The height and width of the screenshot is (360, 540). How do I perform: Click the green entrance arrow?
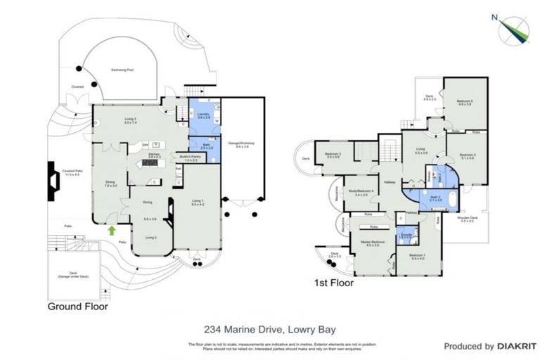(x=111, y=229)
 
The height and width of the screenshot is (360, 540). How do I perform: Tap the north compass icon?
(x=513, y=29)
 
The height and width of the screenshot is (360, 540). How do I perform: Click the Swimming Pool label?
(x=124, y=70)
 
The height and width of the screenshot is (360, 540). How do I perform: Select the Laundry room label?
(x=204, y=115)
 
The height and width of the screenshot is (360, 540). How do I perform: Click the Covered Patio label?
(x=68, y=172)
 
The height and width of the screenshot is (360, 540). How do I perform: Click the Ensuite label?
(x=404, y=236)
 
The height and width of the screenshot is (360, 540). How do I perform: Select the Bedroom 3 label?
(x=333, y=154)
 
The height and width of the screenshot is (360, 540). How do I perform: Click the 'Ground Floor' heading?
(x=77, y=307)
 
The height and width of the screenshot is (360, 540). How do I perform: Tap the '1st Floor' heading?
(x=333, y=284)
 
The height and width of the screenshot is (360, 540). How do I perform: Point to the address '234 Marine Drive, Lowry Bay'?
(x=270, y=328)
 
